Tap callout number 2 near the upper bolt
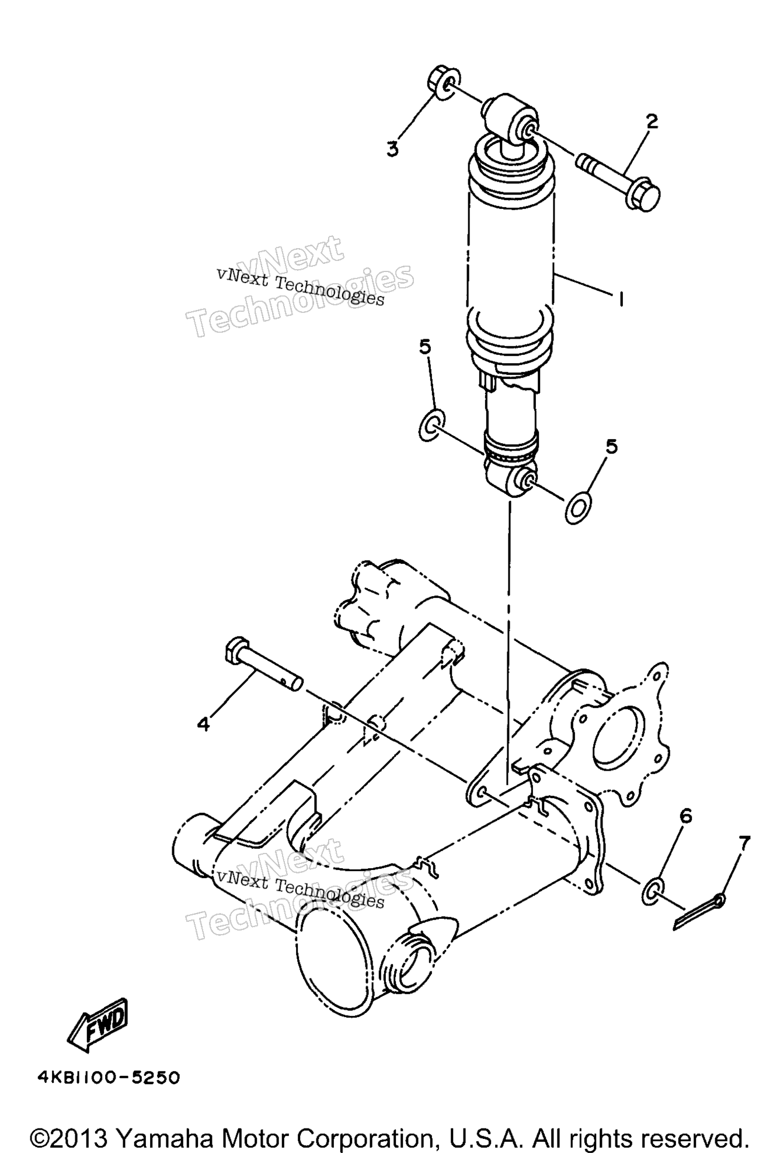tap(652, 121)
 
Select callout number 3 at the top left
tap(392, 149)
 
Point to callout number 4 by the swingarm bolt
tap(203, 724)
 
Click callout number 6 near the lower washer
tap(685, 816)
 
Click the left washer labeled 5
tap(431, 424)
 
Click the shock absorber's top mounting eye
tap(509, 120)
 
